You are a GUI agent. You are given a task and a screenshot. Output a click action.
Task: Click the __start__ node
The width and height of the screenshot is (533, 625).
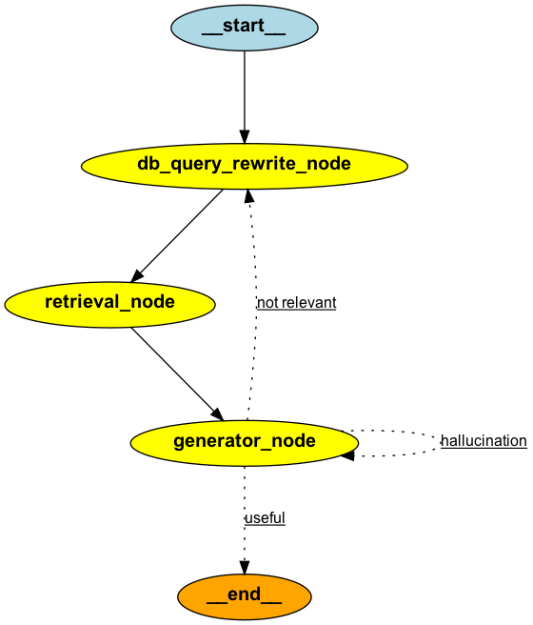tap(245, 27)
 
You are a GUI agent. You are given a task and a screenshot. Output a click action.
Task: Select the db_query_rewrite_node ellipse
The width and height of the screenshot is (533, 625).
tap(245, 164)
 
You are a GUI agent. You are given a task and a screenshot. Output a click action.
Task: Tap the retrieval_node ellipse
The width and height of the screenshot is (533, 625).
tap(109, 303)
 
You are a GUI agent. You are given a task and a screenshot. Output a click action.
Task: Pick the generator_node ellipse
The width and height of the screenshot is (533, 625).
tap(245, 441)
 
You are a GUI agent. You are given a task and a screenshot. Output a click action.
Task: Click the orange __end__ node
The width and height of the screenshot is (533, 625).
tap(245, 597)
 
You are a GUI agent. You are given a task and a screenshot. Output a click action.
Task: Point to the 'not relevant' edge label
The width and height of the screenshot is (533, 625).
tap(296, 303)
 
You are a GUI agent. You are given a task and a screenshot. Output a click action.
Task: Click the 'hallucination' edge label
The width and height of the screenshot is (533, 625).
tap(483, 441)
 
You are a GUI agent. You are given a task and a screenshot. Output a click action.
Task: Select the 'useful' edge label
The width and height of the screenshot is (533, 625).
tap(265, 518)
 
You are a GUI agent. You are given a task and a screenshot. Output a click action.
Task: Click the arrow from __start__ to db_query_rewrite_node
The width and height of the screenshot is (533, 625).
tap(245, 95)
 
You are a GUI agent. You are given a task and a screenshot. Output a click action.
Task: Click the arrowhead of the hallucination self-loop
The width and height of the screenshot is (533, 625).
tap(347, 456)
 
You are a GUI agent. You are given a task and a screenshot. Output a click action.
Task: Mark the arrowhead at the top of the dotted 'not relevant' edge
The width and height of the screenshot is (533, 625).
tap(248, 196)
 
